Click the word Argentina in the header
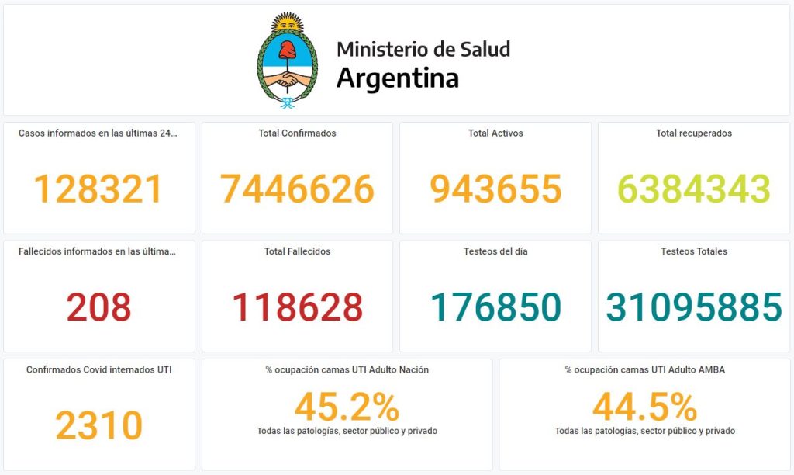[397, 78]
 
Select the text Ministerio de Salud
[423, 49]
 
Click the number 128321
[99, 189]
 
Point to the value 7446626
[297, 189]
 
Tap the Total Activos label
[495, 133]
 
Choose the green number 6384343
[693, 189]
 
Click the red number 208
[99, 307]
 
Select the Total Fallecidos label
[297, 251]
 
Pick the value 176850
[495, 307]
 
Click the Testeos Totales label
[694, 251]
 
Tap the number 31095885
[694, 307]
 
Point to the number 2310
[99, 425]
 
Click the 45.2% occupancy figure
[347, 407]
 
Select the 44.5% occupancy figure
[644, 407]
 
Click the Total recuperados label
[694, 133]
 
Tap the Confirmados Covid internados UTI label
[99, 370]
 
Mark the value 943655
[495, 189]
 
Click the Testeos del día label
[495, 251]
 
